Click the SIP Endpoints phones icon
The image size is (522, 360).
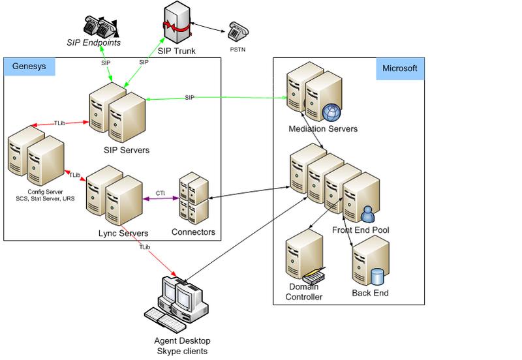pos(99,26)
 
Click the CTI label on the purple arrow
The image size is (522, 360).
pos(161,193)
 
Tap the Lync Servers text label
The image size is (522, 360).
pos(123,233)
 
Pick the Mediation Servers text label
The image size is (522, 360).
pos(323,129)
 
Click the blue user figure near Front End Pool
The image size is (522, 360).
pos(367,213)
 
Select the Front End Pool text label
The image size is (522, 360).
pos(361,230)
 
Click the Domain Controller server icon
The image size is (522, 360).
pos(304,258)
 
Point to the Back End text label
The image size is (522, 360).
pos(370,293)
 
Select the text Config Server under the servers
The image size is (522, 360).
pos(45,192)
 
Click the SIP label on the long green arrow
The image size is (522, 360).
pos(189,97)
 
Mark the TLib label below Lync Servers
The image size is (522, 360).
pos(145,247)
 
